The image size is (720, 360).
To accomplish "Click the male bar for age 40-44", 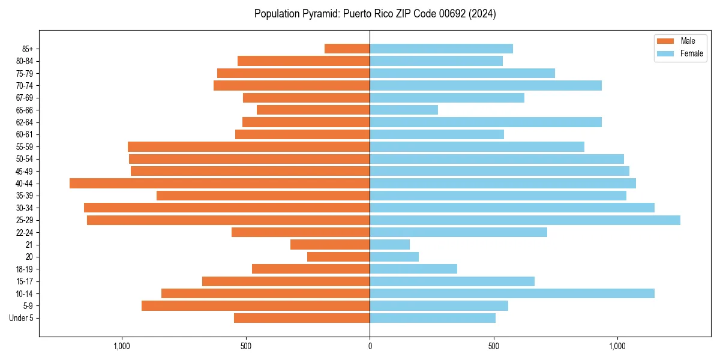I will (x=220, y=184).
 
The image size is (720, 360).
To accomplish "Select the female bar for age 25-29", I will (x=525, y=220).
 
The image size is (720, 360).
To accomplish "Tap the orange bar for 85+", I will (x=347, y=49).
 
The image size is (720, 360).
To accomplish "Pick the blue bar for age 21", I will (x=389, y=245).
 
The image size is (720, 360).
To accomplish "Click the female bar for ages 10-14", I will (x=512, y=293).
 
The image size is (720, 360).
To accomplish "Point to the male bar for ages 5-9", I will (x=256, y=306).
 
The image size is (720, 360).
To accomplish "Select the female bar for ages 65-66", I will (x=404, y=110).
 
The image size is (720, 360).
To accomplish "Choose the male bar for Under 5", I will (x=302, y=318).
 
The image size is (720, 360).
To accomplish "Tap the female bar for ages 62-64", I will (x=485, y=122).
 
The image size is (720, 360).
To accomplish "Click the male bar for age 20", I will (x=338, y=257).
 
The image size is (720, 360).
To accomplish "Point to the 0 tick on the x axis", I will (x=370, y=346).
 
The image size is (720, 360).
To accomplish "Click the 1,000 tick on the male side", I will (x=122, y=346).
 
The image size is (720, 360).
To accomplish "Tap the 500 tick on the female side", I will (x=493, y=346).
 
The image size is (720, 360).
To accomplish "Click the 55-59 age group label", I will (x=25, y=147).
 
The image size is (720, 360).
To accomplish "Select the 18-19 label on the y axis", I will (x=25, y=269).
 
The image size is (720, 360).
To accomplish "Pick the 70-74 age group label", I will (x=25, y=86).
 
